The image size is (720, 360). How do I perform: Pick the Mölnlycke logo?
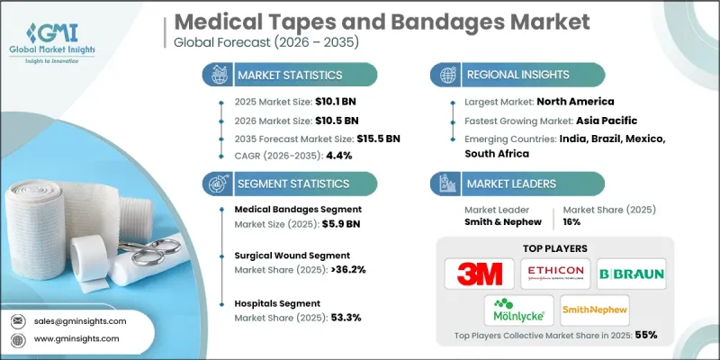[x=519, y=311]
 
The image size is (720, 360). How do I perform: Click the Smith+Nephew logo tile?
[x=594, y=311]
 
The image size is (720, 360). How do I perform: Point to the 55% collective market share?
[x=645, y=334]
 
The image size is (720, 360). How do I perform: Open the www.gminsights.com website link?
[x=76, y=338]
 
